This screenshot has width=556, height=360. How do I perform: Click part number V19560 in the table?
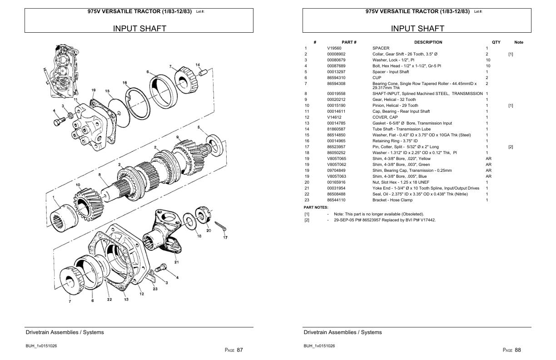(334, 48)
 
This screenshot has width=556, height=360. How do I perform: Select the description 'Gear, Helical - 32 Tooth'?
(394, 100)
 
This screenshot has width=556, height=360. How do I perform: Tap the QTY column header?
(496, 42)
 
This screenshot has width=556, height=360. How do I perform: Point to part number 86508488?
(336, 194)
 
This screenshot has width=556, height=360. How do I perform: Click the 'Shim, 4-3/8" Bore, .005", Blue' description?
(400, 176)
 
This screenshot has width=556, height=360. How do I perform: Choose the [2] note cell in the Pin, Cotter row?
(511, 147)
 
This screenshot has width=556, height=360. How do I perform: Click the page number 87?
(240, 350)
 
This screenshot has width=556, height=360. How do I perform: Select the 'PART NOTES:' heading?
(316, 208)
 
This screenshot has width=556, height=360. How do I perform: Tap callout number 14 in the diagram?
(198, 65)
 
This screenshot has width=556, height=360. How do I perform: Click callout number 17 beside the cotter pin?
(225, 237)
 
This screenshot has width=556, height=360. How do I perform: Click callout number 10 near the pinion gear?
(78, 185)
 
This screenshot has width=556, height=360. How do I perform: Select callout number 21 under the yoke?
(176, 262)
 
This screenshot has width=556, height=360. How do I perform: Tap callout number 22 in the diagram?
(109, 299)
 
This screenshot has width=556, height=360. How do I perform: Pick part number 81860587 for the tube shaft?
(336, 129)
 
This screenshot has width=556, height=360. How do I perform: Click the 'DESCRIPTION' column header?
(428, 42)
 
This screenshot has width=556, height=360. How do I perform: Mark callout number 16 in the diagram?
(124, 83)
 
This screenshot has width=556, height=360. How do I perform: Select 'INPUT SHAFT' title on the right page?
(417, 29)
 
